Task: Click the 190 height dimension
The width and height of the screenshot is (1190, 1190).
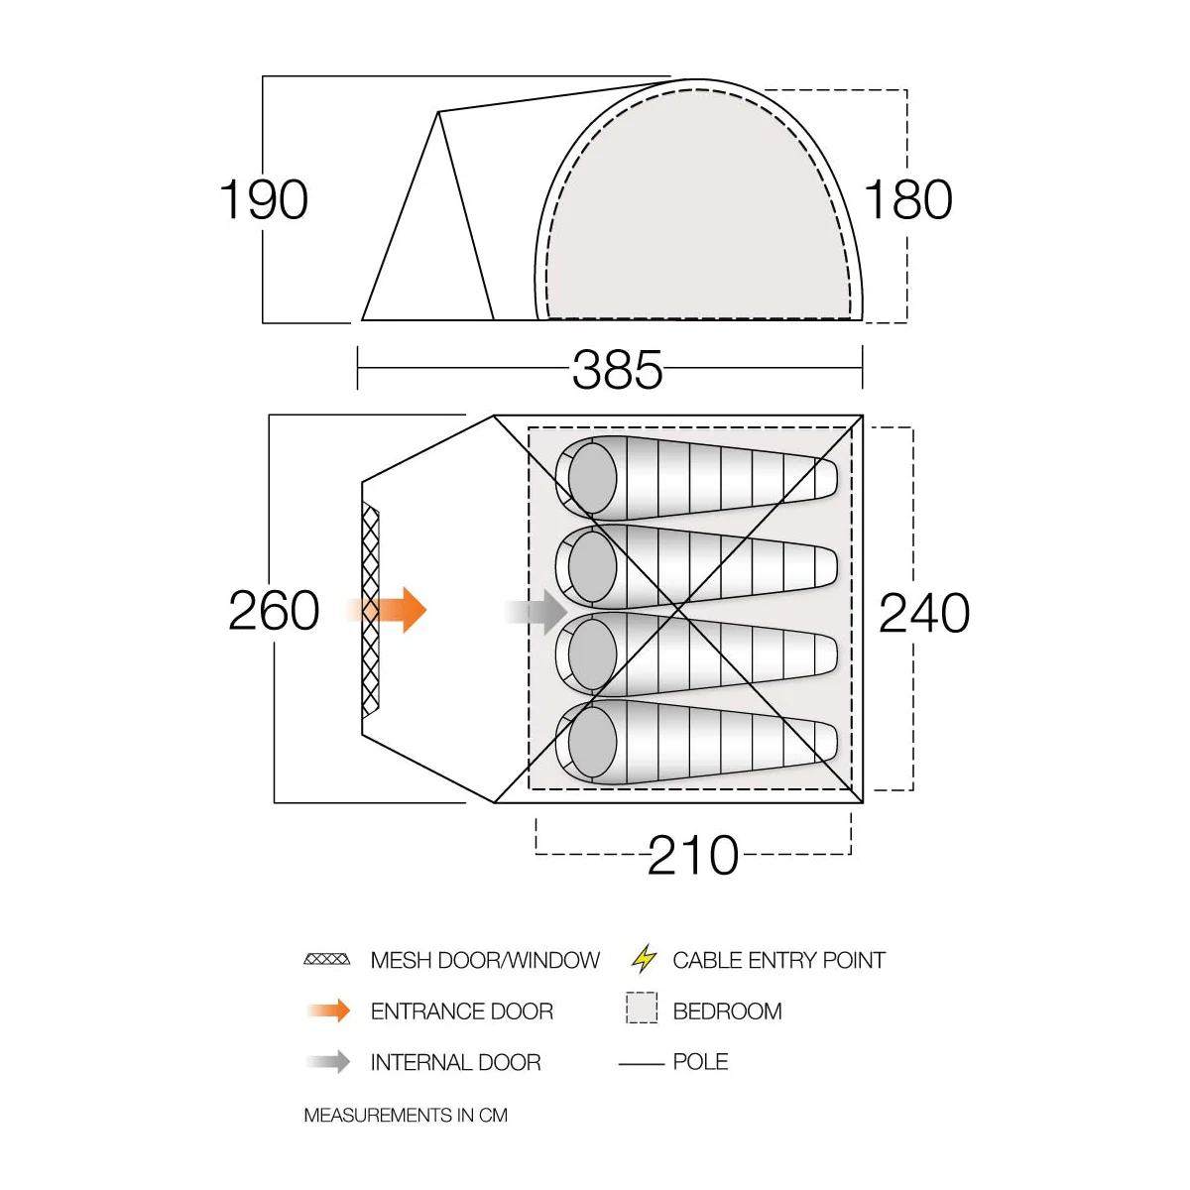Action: tap(264, 199)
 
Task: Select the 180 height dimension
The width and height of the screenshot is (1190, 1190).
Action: tap(907, 199)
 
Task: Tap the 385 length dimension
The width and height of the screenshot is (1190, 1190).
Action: tap(617, 369)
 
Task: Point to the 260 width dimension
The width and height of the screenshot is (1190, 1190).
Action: tap(274, 610)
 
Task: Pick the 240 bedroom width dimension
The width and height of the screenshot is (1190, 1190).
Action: tap(924, 613)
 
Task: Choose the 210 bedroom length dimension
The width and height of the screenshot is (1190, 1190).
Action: tap(693, 855)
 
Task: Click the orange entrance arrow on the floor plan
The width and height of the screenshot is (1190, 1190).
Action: tap(387, 610)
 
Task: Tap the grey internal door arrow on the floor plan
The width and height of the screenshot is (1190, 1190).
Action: tap(536, 612)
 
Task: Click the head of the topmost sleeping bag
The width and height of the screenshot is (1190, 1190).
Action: tap(592, 478)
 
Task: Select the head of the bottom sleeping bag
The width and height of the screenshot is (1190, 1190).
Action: tap(592, 743)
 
